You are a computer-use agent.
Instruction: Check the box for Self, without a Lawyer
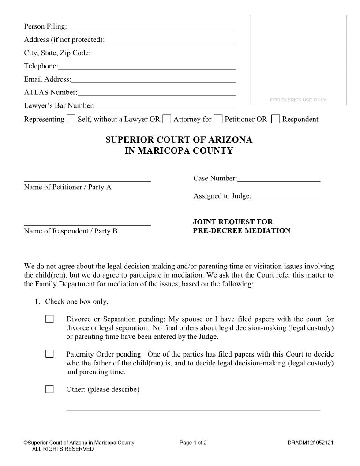click(71, 119)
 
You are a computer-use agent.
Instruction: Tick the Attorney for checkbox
click(167, 119)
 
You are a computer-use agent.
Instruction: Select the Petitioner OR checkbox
click(218, 119)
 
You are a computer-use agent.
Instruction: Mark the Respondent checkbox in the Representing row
click(275, 119)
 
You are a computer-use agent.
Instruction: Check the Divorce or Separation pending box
click(49, 319)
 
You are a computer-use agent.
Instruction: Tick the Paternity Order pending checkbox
click(49, 354)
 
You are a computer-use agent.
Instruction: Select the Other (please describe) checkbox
click(49, 389)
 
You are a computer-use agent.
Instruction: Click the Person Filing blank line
click(151, 27)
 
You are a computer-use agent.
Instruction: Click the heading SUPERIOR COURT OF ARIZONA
click(179, 140)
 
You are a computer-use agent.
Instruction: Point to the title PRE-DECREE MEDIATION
click(241, 231)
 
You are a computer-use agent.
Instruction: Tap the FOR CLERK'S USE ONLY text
click(298, 100)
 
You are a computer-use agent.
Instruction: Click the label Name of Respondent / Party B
click(71, 231)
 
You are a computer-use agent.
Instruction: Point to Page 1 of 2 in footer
click(193, 443)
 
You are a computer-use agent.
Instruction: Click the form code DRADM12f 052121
click(310, 443)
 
